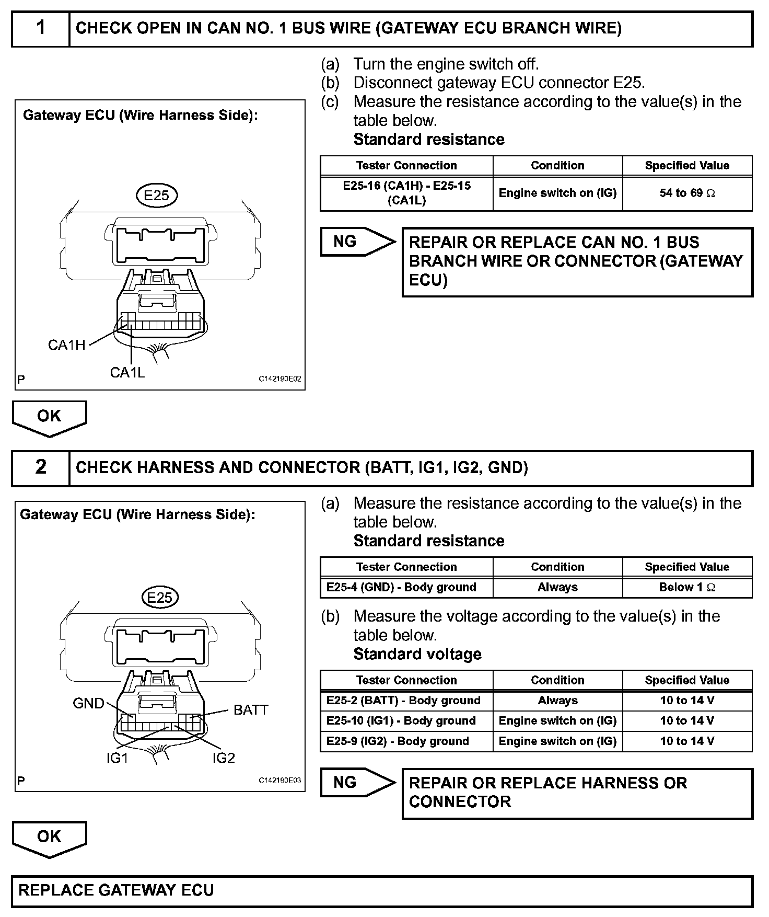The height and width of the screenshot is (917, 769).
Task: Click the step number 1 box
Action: [41, 28]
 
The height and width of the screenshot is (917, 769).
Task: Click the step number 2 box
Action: [41, 467]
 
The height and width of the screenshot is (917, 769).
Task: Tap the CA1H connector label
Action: [66, 345]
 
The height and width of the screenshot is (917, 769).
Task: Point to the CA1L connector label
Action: [127, 372]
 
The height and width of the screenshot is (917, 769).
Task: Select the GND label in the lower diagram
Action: [88, 703]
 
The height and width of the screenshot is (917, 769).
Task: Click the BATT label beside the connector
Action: [251, 710]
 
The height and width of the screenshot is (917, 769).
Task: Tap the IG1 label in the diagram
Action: [117, 758]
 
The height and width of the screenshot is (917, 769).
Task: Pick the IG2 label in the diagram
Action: [224, 758]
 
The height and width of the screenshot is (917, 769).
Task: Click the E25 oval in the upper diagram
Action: [157, 196]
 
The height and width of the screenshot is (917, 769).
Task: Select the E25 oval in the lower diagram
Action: [160, 598]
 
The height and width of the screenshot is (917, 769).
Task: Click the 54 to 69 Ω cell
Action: [687, 193]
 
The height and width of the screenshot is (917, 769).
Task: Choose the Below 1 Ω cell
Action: [687, 587]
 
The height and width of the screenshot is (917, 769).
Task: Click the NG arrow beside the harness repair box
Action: [355, 783]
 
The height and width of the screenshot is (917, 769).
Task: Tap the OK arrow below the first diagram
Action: [49, 417]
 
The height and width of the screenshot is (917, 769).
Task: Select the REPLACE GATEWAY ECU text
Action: [116, 891]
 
